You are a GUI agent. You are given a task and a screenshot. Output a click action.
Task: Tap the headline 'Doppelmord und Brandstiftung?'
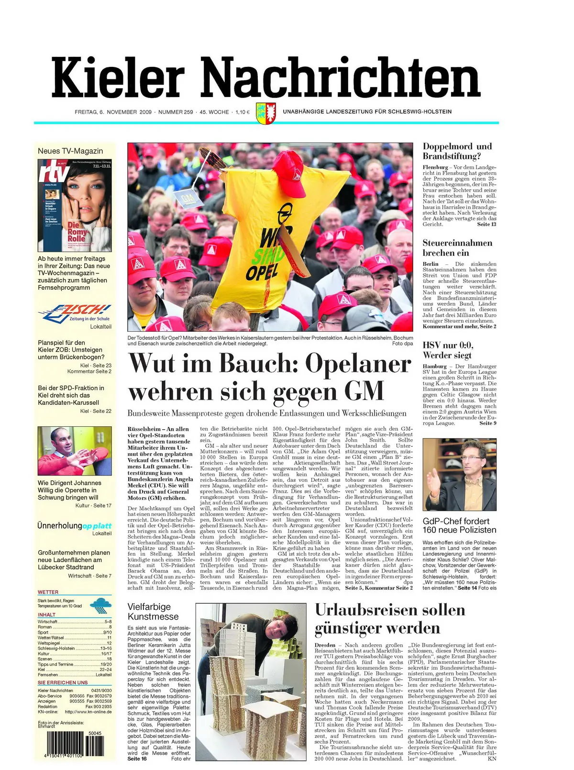click(x=457, y=151)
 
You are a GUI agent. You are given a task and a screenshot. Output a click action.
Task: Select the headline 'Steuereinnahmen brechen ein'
click(x=457, y=248)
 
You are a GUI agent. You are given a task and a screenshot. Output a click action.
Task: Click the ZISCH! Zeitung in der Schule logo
click(x=75, y=313)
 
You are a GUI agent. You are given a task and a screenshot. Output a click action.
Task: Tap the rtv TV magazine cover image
click(x=75, y=206)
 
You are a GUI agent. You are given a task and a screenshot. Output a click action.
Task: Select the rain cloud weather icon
click(x=100, y=604)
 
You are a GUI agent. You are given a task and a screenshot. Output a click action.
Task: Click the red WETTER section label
click(x=48, y=592)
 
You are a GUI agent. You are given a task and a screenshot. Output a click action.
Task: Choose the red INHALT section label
click(x=46, y=615)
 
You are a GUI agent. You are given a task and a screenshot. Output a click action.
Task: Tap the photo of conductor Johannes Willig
click(x=75, y=451)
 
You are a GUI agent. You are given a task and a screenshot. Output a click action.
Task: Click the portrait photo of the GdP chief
click(x=459, y=474)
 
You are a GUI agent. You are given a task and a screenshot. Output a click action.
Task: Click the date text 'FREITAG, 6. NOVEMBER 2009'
click(x=113, y=112)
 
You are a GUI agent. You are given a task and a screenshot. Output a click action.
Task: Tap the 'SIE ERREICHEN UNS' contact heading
click(x=63, y=683)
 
